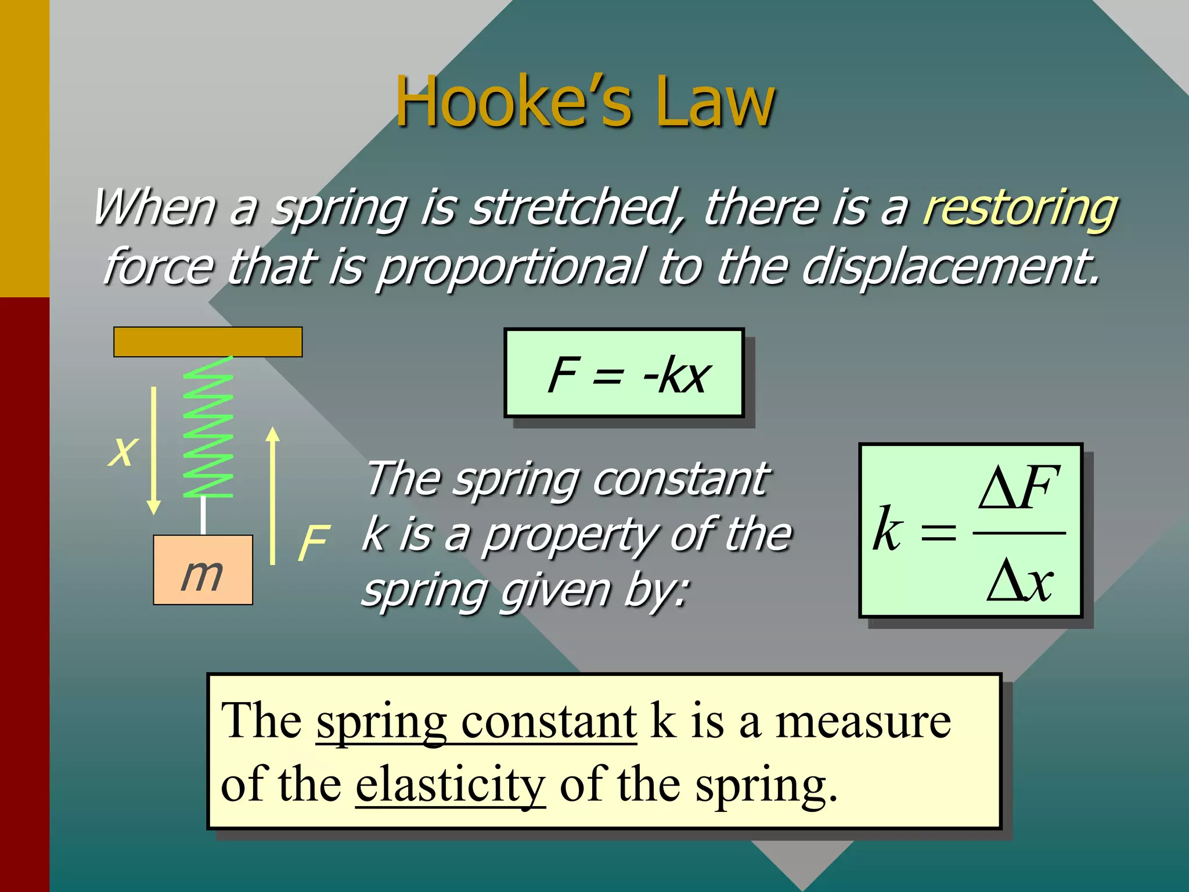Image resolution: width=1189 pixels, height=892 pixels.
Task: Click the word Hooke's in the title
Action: click(x=513, y=102)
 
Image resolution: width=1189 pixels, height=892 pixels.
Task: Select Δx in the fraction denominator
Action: click(x=1019, y=581)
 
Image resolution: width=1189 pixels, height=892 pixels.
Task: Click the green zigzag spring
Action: click(x=208, y=427)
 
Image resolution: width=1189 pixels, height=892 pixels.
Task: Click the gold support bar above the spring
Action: click(x=208, y=342)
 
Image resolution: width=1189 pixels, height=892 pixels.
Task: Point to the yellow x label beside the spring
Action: click(x=122, y=451)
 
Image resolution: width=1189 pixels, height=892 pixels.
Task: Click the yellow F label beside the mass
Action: click(x=314, y=543)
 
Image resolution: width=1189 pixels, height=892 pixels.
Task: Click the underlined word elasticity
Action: click(x=450, y=785)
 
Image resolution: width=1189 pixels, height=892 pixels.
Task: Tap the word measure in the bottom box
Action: click(x=863, y=722)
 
